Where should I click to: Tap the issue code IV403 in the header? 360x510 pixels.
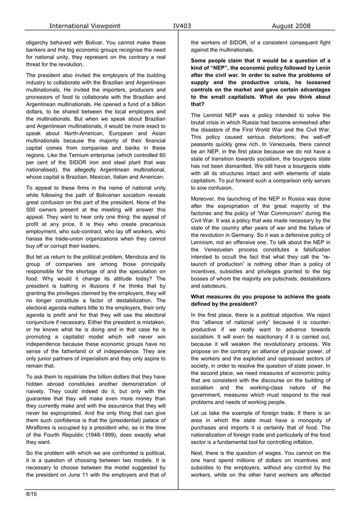click(x=181, y=26)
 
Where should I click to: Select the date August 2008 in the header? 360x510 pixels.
click(x=291, y=26)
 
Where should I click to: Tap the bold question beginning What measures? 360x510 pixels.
click(x=260, y=300)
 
